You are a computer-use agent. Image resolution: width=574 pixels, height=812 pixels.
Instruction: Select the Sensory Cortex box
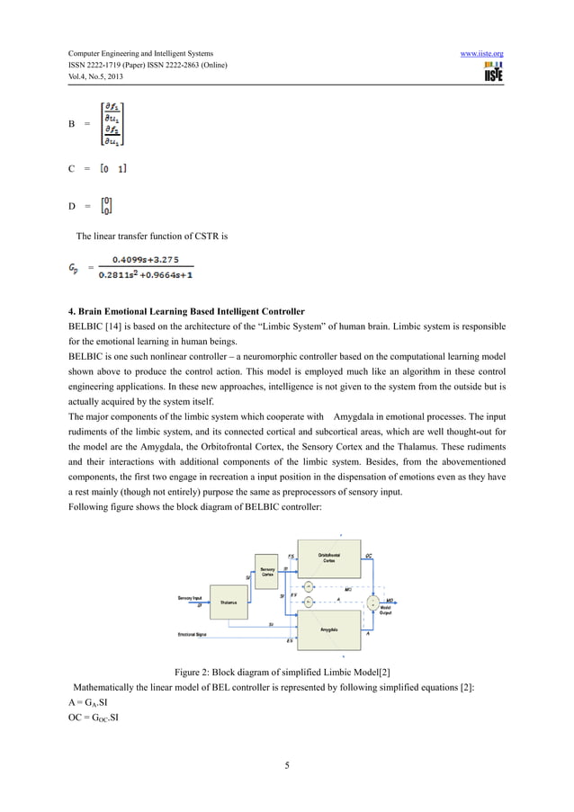coord(268,572)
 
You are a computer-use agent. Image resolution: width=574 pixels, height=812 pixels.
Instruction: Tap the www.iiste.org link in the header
coord(481,56)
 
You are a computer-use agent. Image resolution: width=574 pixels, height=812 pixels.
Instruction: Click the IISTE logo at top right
coord(492,76)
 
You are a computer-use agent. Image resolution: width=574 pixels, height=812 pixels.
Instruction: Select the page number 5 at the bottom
coord(286,766)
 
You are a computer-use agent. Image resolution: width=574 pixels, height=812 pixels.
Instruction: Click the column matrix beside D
coord(107,206)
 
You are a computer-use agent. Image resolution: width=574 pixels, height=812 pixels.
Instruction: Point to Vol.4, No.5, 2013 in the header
coord(88,81)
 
